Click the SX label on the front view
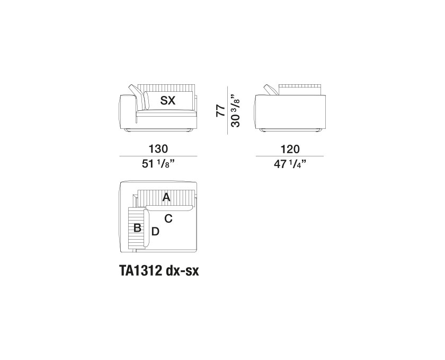pos(168,100)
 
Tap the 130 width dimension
pos(158,149)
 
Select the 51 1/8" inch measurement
pos(158,164)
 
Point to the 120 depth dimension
pos(290,149)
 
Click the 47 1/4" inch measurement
pos(290,164)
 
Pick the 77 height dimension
pos(220,110)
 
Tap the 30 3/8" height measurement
pos(236,110)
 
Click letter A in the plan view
pos(166,197)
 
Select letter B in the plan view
pos(137,227)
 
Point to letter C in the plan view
pos(168,219)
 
